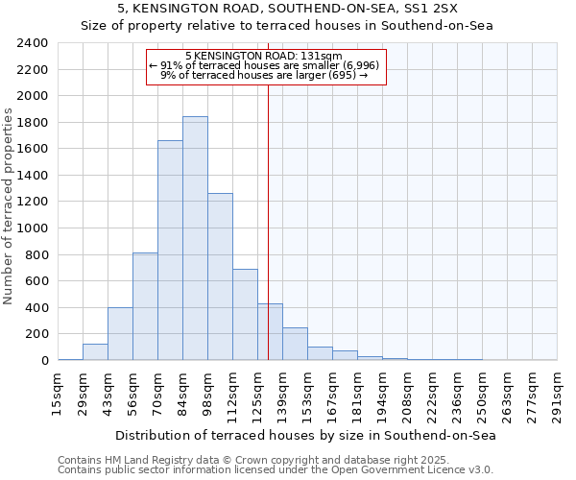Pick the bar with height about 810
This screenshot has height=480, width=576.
coord(145,306)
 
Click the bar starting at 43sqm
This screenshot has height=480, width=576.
coord(120,334)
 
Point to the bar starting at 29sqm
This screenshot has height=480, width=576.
coord(95,352)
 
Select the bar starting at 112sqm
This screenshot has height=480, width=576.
coord(245,315)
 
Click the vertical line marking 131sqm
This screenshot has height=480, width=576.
coord(268,221)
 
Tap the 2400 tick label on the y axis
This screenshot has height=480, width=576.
coord(33,43)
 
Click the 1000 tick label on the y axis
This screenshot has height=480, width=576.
coord(33,228)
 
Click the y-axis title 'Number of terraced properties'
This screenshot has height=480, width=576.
coord(9,206)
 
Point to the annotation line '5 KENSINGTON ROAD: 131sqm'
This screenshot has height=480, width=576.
coord(265,57)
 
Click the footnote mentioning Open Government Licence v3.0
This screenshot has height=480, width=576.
coord(276,469)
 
